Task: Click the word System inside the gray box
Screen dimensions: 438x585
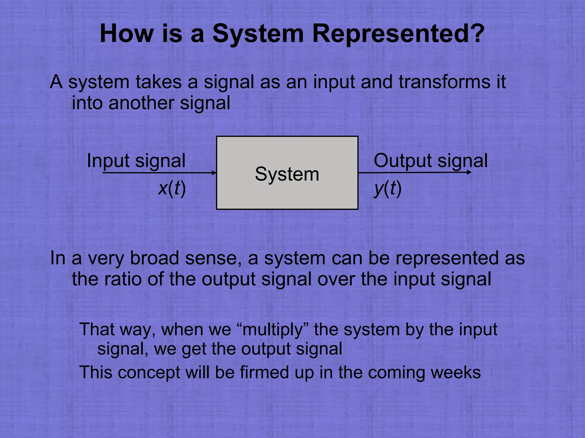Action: [287, 174]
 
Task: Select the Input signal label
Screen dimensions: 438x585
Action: [136, 161]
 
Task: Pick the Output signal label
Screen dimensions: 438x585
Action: [430, 161]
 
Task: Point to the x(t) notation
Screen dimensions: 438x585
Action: [172, 188]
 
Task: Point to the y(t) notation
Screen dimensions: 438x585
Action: [388, 188]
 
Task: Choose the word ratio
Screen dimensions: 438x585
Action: [123, 279]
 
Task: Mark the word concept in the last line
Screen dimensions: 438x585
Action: [149, 372]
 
